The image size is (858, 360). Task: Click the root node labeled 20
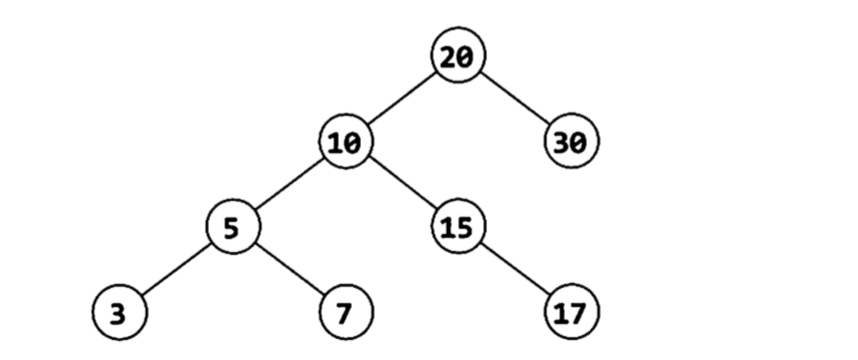click(x=459, y=55)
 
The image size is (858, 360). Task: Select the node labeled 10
click(x=346, y=141)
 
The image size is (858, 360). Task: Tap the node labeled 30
click(x=571, y=141)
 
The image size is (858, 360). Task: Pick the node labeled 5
click(x=233, y=227)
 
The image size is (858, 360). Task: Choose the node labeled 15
click(x=459, y=227)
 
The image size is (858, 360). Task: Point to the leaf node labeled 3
click(x=120, y=312)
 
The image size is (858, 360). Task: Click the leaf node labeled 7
click(x=346, y=312)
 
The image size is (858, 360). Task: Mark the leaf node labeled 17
click(x=571, y=312)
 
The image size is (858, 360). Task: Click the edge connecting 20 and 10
click(x=402, y=98)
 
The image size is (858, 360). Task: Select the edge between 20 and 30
click(x=515, y=98)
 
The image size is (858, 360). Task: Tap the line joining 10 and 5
click(x=289, y=184)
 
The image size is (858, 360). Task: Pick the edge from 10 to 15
click(x=402, y=184)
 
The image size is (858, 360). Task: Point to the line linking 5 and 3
click(x=176, y=269)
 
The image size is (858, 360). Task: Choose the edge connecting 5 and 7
click(x=289, y=269)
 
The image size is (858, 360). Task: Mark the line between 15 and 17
click(x=515, y=269)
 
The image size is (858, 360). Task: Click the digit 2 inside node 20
click(x=449, y=56)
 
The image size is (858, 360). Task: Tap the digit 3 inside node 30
click(x=562, y=143)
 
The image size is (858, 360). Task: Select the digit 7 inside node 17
click(x=579, y=313)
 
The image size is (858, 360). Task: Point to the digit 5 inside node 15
click(x=466, y=228)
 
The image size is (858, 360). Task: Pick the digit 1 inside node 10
click(x=337, y=143)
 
